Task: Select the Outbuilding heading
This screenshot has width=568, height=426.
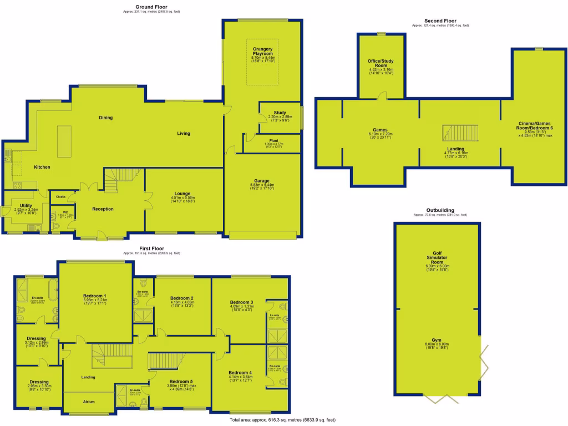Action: (440, 211)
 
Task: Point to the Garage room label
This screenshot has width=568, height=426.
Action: (263, 181)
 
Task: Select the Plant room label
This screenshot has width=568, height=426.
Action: (272, 141)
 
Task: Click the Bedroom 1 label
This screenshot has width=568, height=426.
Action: (95, 296)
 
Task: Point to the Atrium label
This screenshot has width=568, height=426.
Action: (89, 401)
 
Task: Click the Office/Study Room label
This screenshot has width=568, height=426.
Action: (381, 65)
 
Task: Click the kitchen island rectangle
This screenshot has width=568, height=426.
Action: (64, 141)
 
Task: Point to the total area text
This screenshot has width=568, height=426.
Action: (282, 420)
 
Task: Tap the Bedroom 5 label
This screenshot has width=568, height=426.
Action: (181, 382)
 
